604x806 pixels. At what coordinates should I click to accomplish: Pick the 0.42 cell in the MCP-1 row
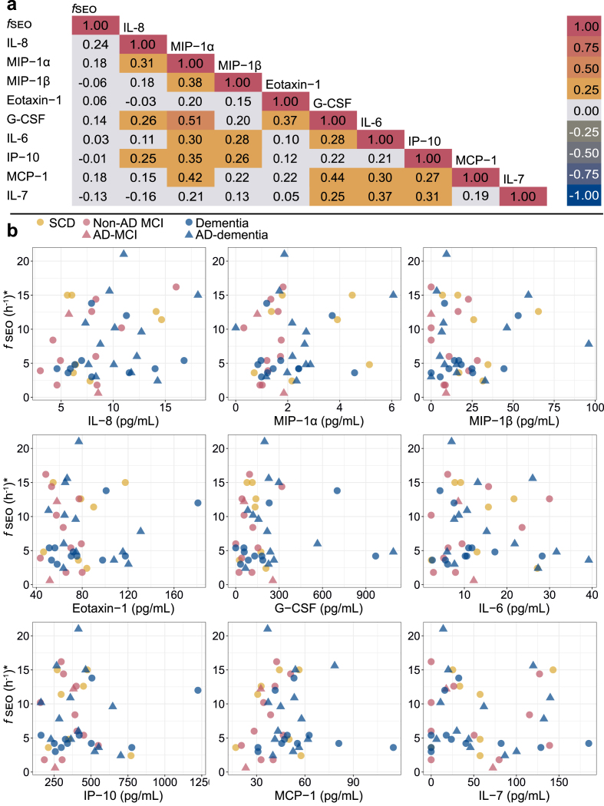(x=191, y=177)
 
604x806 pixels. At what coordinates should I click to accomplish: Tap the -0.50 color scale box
(x=583, y=158)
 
